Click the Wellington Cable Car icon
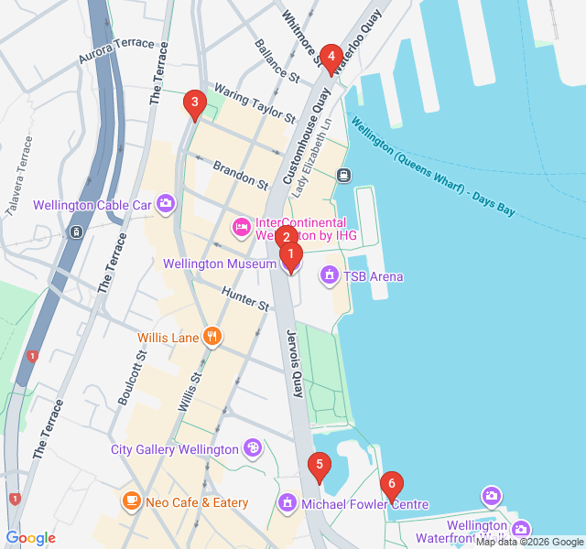(166, 203)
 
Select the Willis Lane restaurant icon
(212, 337)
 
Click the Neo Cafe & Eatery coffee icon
(132, 501)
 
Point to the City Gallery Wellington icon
(252, 447)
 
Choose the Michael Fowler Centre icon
(288, 503)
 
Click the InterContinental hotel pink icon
(242, 225)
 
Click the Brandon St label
(240, 175)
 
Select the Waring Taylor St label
(255, 103)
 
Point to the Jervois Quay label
(295, 362)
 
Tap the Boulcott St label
(132, 377)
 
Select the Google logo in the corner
(30, 538)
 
